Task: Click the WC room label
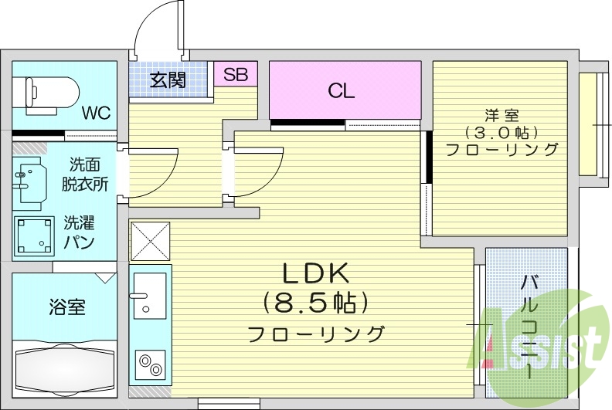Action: (97, 113)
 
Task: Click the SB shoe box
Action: (236, 75)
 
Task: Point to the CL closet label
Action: (341, 91)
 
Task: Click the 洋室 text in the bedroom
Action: (501, 116)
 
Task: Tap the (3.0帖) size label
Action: (501, 133)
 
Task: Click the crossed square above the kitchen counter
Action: (150, 241)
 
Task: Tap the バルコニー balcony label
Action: (529, 325)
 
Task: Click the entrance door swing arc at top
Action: (158, 31)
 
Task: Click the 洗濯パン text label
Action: (79, 232)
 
